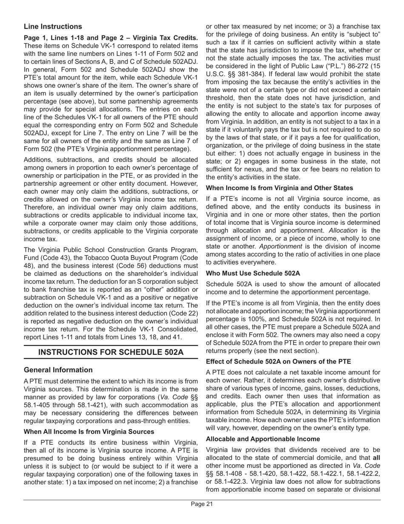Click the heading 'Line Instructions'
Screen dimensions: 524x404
click(x=53, y=26)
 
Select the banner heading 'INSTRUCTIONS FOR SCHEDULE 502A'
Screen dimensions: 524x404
click(x=111, y=352)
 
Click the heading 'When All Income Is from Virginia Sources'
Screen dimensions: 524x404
click(x=89, y=432)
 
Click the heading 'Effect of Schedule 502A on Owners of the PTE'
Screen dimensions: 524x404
click(x=278, y=361)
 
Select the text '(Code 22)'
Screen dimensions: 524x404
click(x=183, y=314)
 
